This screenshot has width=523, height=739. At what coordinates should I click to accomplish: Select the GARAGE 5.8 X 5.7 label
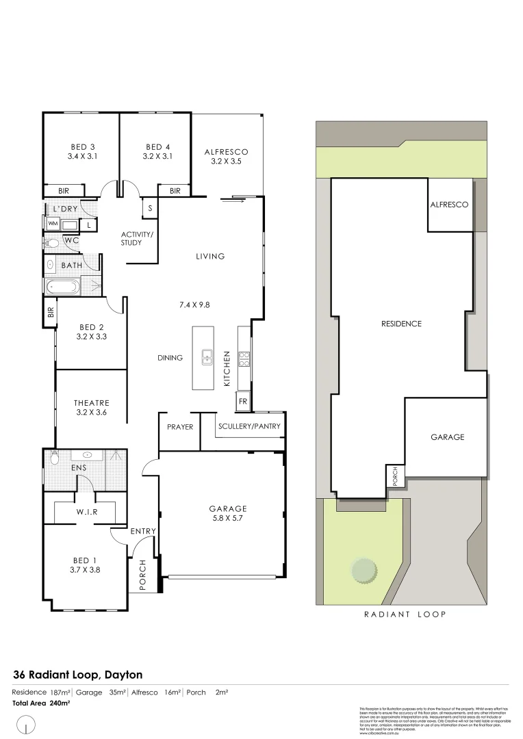[228, 513]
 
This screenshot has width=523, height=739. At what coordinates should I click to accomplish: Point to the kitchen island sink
[206, 356]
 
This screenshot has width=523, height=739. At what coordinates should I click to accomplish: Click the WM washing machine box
[53, 224]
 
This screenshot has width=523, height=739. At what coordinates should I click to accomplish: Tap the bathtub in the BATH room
[62, 286]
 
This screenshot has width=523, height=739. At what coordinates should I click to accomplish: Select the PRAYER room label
[180, 427]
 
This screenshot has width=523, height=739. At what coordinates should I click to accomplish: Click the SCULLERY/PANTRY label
[249, 427]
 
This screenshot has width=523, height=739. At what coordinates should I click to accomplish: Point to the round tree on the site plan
[363, 569]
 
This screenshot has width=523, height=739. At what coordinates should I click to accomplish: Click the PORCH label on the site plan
[395, 476]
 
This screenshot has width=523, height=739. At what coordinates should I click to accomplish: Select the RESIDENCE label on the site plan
[401, 324]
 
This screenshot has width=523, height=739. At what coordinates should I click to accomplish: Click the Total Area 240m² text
[40, 703]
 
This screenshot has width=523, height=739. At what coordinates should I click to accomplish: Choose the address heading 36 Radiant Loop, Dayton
[77, 675]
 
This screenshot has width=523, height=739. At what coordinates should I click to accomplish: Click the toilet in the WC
[51, 242]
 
